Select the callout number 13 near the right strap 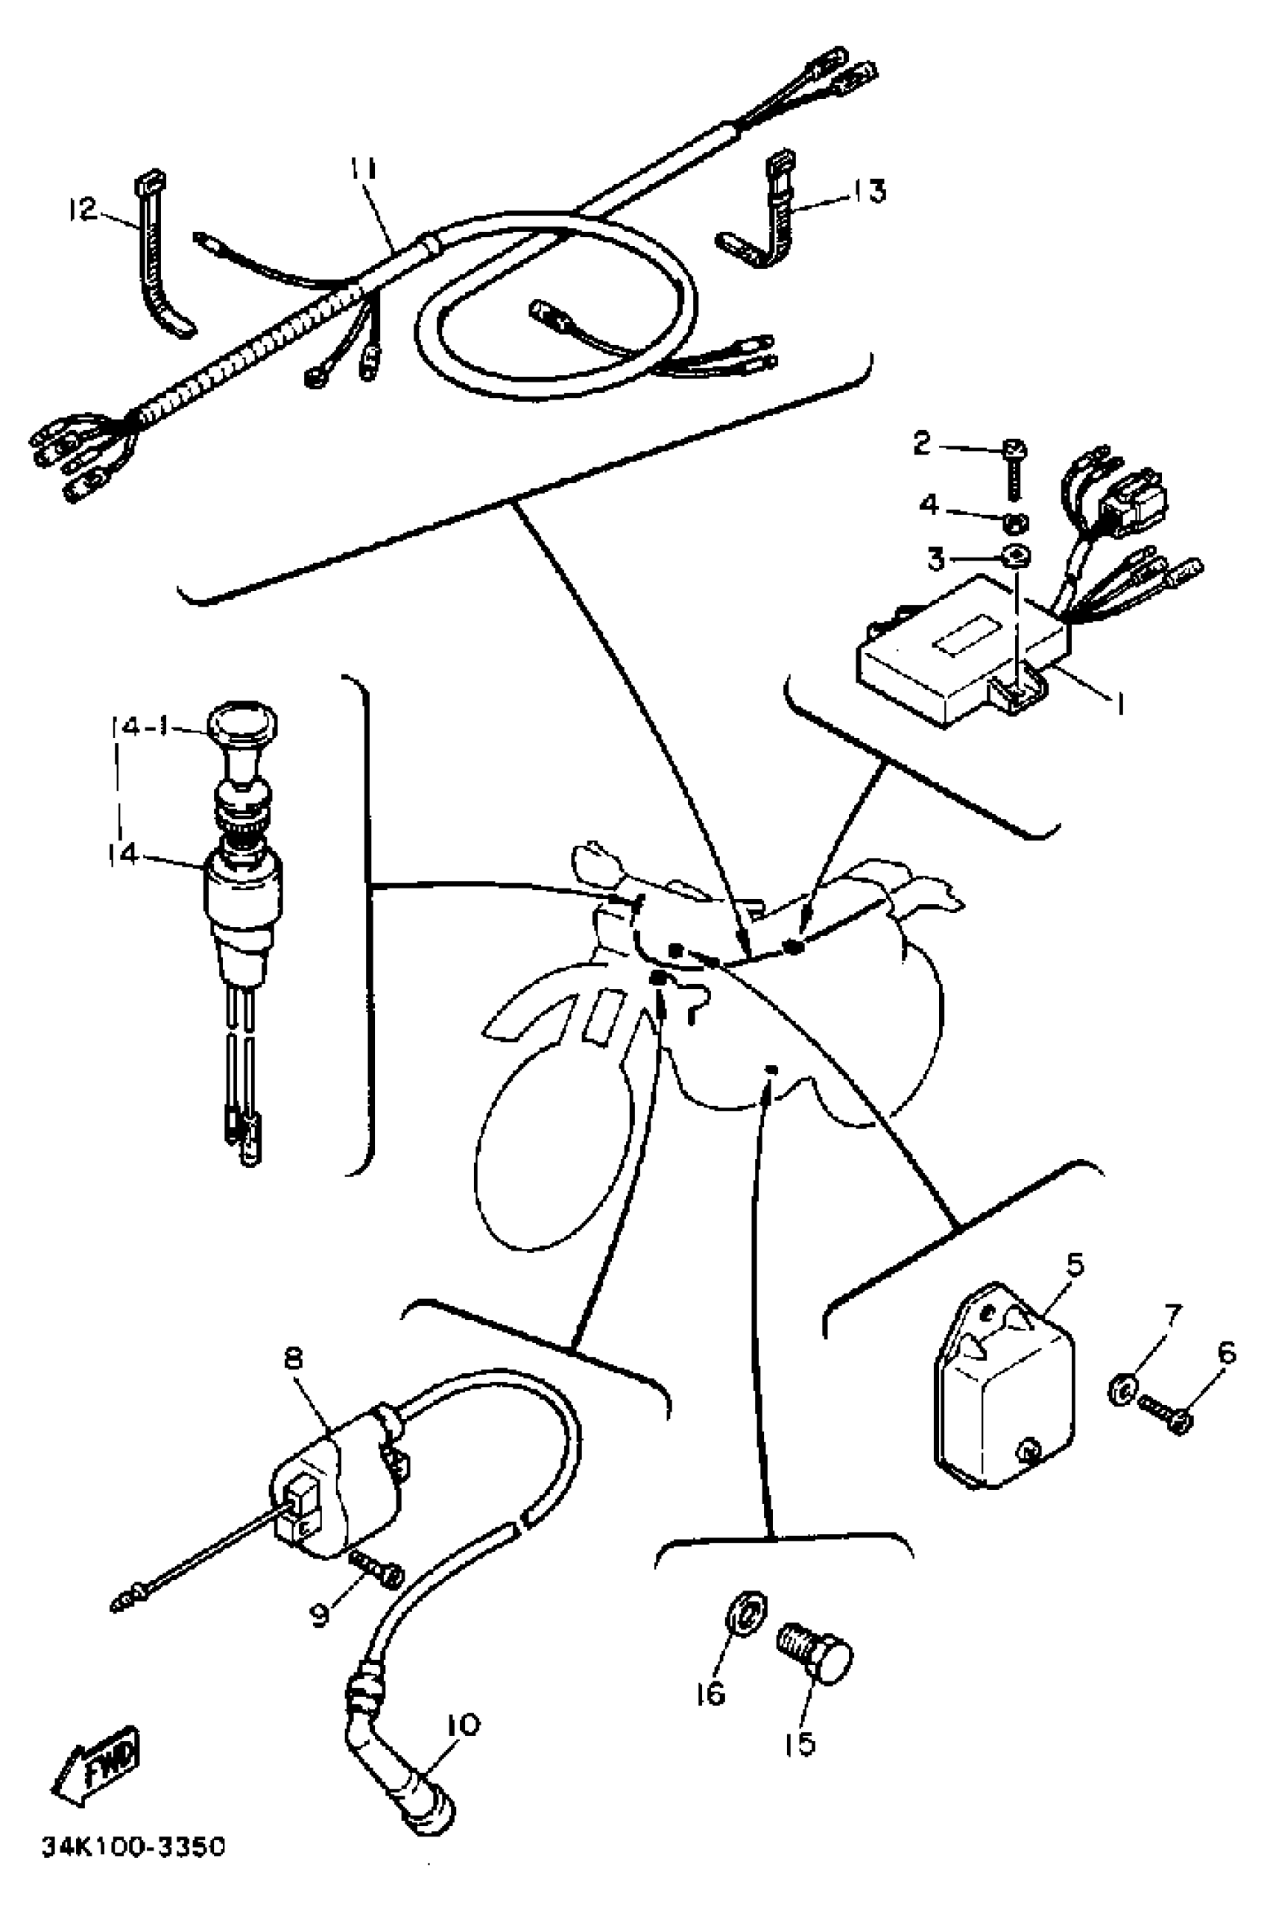[868, 192]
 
